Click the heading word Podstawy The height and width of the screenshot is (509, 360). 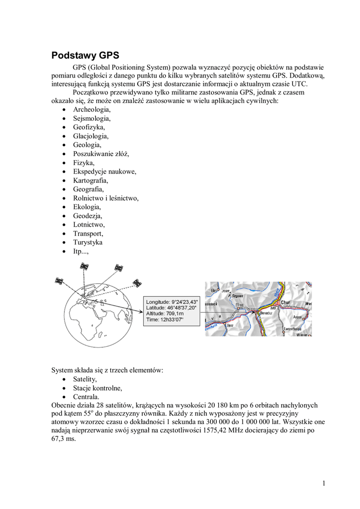pos(74,55)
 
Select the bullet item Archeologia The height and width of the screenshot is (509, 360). pos(92,109)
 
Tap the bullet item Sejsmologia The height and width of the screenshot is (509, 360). pos(92,118)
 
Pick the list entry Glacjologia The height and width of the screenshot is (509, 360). pos(90,136)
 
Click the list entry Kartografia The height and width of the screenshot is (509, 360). pos(90,180)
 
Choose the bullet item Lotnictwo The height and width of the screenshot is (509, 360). pos(89,225)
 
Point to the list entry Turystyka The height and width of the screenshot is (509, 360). pos(88,242)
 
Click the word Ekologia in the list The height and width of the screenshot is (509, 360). pos(87,207)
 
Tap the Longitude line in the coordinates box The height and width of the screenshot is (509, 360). pos(172,302)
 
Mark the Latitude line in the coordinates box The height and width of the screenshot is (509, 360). pos(172,308)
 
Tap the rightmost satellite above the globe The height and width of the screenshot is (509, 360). pos(137,283)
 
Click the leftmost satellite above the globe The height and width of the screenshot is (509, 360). pos(59,281)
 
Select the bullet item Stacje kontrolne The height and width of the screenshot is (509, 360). pos(97,388)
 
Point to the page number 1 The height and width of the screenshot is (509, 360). pos(323,483)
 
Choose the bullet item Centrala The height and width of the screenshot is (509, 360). pos(86,397)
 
